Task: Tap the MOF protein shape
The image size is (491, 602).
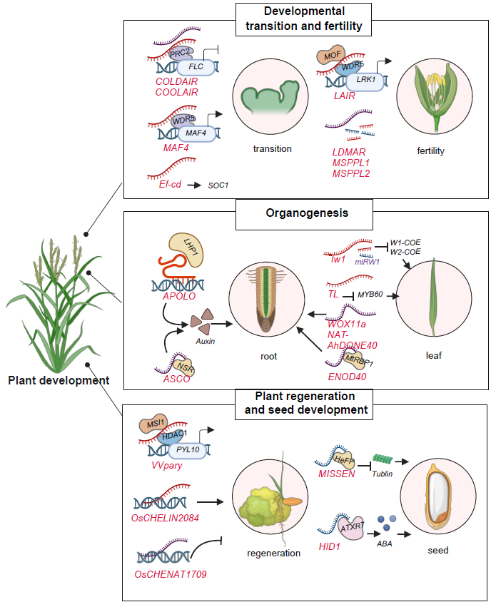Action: (x=331, y=55)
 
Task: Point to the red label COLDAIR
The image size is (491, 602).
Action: (x=177, y=82)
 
